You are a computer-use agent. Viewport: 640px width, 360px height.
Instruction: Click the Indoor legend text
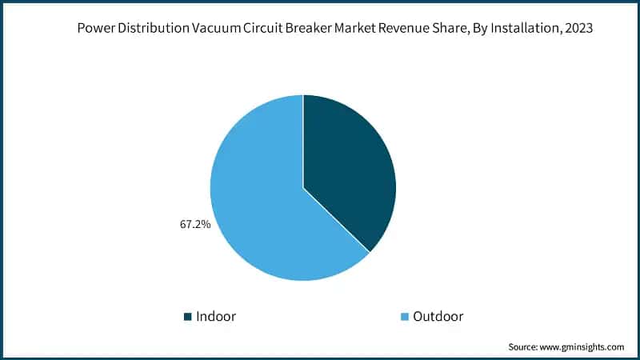click(216, 316)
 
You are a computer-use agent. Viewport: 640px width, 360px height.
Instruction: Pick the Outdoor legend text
click(438, 316)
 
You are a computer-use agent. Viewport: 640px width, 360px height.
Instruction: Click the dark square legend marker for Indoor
click(188, 317)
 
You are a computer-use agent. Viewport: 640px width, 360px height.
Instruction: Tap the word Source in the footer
click(526, 347)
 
